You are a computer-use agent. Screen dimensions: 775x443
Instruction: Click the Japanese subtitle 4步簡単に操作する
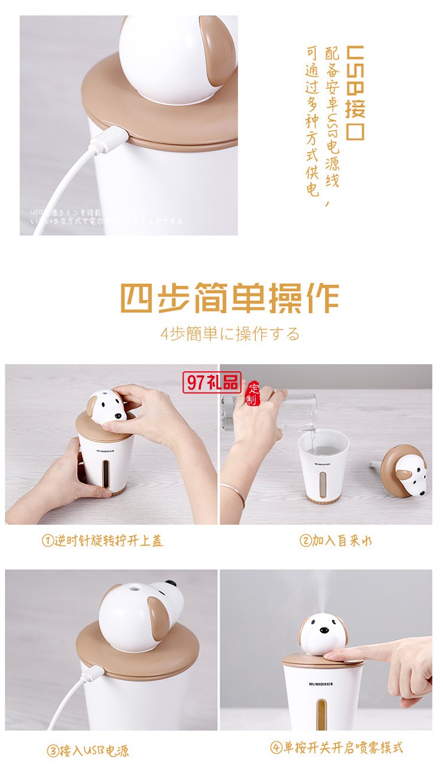[x=230, y=333]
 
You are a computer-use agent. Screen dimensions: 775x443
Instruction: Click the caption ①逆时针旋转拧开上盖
[x=102, y=540]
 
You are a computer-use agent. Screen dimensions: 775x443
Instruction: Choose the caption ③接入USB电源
[x=88, y=751]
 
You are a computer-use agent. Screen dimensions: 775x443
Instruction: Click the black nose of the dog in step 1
[x=118, y=416]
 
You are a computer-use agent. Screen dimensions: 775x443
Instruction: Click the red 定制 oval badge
[x=253, y=393]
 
